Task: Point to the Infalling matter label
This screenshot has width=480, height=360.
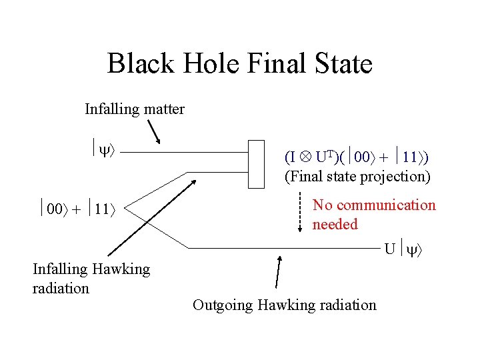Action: pos(135,109)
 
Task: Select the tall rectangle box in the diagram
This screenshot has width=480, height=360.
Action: pos(257,164)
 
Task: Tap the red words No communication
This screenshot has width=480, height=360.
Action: pos(374,205)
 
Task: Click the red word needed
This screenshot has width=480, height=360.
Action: pos(335,225)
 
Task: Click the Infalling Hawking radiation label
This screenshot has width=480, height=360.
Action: pos(91,279)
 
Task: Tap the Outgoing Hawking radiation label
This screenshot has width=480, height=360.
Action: pos(285,305)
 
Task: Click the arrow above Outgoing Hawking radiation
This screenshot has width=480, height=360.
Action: pos(279,271)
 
